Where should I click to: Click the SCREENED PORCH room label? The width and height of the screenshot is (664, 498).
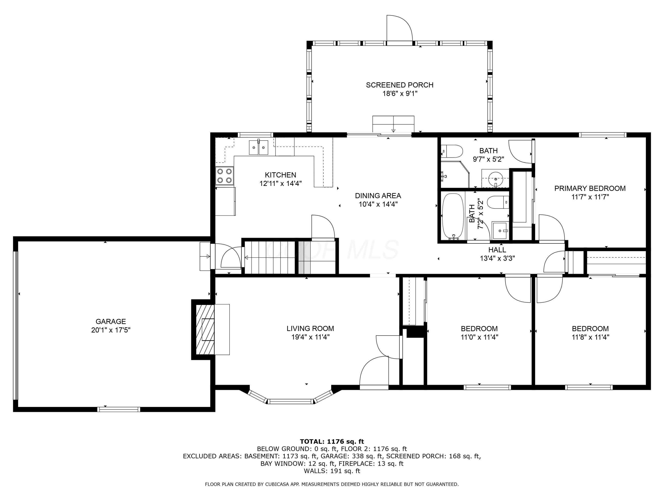tap(400, 85)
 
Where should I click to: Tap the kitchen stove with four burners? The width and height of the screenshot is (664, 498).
tap(224, 176)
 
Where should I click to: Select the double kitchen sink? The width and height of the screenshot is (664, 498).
tap(259, 147)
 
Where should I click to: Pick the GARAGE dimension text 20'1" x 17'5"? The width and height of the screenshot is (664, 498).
tap(111, 330)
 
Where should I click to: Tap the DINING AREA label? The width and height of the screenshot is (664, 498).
tap(378, 196)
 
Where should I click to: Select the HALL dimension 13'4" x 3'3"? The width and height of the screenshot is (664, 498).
tap(497, 258)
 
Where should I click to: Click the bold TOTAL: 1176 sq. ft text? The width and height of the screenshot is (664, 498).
tap(332, 441)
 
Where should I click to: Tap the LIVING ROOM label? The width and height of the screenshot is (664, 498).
tap(310, 328)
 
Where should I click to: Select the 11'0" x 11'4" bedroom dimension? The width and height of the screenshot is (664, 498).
tap(479, 337)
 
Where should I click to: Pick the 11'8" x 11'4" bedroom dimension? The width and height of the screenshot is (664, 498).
tap(591, 337)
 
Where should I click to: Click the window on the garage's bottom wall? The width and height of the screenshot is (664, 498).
tap(119, 409)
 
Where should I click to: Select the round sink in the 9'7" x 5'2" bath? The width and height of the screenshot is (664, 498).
tap(495, 179)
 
